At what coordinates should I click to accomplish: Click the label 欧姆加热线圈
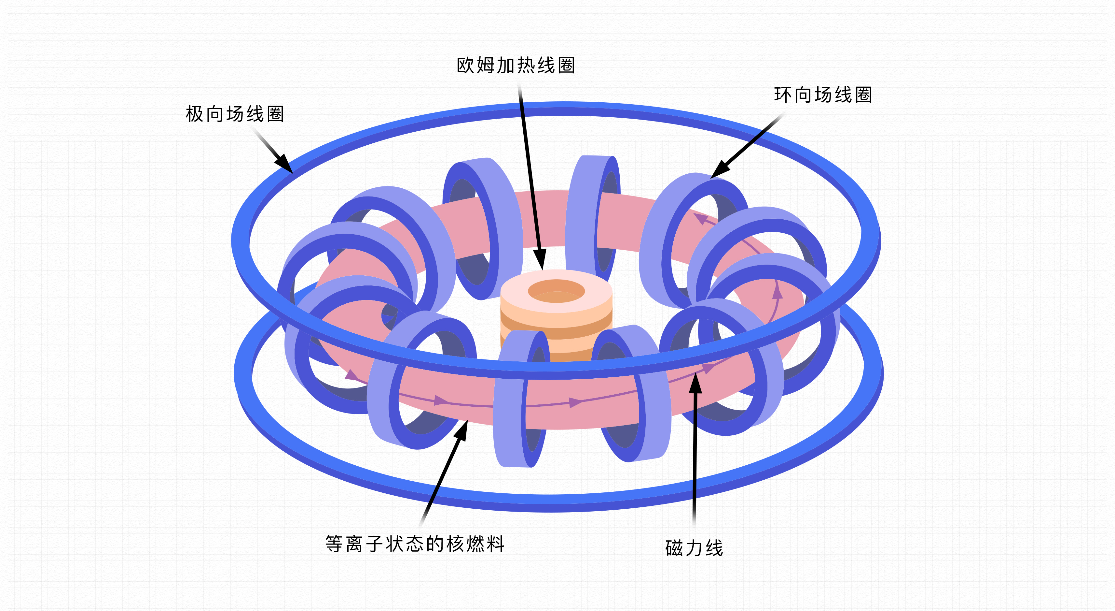[516, 65]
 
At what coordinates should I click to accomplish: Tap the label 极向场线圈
[235, 114]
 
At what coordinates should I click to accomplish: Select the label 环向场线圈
[823, 95]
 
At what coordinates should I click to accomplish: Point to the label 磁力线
[694, 548]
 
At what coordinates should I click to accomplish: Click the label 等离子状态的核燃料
[415, 544]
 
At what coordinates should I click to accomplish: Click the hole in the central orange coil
[556, 290]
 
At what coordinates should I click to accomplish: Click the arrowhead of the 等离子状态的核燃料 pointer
[461, 430]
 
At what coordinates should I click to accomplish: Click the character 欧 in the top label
[465, 65]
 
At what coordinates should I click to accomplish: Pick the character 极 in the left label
[194, 114]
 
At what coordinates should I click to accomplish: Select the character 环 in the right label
[783, 95]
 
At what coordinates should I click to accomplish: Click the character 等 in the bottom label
[334, 544]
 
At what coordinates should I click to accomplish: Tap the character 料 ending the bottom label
[496, 544]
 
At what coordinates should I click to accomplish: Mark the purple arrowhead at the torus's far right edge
[778, 293]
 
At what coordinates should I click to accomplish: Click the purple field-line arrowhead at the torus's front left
[352, 375]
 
